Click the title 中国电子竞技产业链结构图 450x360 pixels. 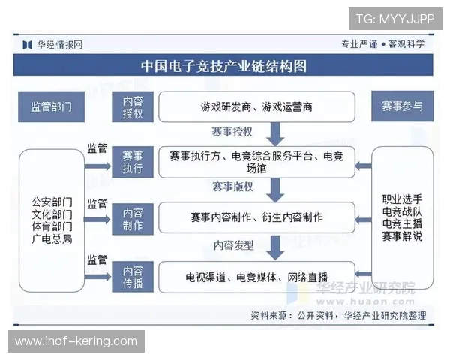point(224,66)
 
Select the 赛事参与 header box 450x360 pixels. point(402,106)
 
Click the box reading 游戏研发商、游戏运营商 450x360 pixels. point(256,107)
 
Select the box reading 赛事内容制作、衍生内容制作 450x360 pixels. point(256,217)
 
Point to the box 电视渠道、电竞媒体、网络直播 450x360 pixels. point(256,277)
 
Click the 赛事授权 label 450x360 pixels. point(232,132)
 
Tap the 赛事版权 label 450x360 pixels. point(232,187)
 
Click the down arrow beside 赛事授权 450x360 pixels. point(275,134)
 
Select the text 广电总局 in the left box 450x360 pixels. point(52,238)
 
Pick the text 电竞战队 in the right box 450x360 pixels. point(402,211)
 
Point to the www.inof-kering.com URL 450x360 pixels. point(76,341)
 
